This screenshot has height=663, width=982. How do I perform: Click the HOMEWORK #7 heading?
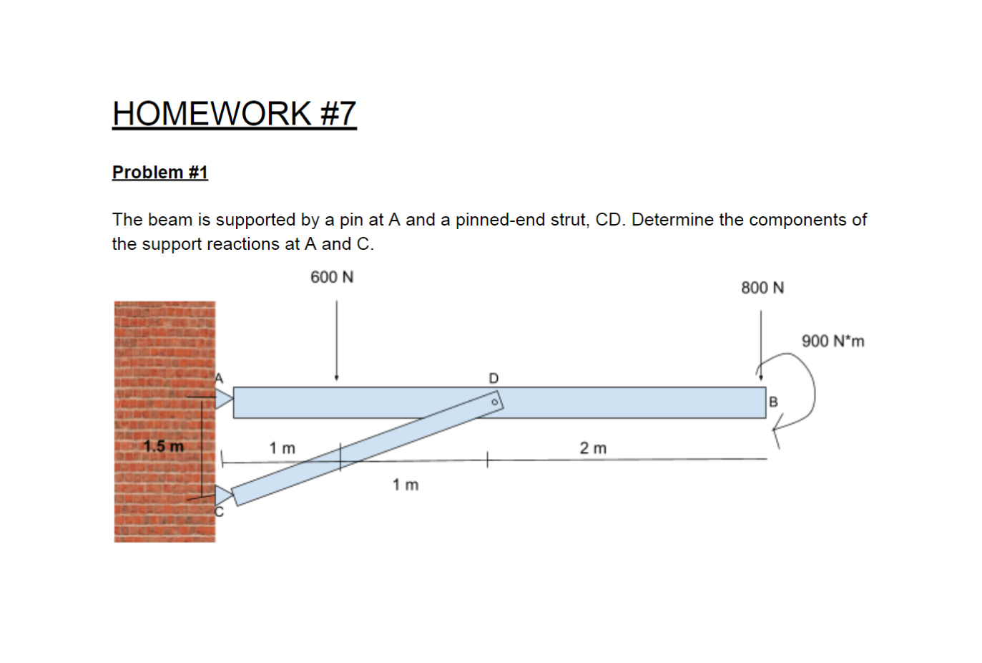pyautogui.click(x=234, y=113)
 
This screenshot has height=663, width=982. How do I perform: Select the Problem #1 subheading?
pyautogui.click(x=159, y=173)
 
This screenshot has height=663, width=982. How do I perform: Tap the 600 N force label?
pyautogui.click(x=332, y=277)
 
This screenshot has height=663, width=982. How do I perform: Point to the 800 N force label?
pyautogui.click(x=762, y=288)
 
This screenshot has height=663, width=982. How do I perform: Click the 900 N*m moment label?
pyautogui.click(x=833, y=341)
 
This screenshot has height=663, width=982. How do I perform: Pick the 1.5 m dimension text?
pyautogui.click(x=163, y=447)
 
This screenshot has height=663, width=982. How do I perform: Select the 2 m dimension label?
pyautogui.click(x=593, y=448)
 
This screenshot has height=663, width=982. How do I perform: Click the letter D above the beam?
pyautogui.click(x=494, y=377)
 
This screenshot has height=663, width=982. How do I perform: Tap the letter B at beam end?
pyautogui.click(x=773, y=402)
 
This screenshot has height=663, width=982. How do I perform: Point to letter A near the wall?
pyautogui.click(x=220, y=378)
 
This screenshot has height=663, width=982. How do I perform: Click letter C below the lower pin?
pyautogui.click(x=219, y=512)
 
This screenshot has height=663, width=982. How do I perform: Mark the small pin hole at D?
pyautogui.click(x=494, y=403)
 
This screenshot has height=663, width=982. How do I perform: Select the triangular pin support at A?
pyautogui.click(x=224, y=398)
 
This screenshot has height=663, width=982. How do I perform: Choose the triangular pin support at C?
pyautogui.click(x=223, y=495)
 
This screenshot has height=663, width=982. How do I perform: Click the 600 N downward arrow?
pyautogui.click(x=336, y=340)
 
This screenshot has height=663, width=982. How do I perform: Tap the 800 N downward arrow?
pyautogui.click(x=761, y=344)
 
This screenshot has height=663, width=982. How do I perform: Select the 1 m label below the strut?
pyautogui.click(x=406, y=485)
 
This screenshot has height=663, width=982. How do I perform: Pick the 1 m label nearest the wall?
pyautogui.click(x=282, y=448)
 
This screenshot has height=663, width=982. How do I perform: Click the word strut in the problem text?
pyautogui.click(x=569, y=220)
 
